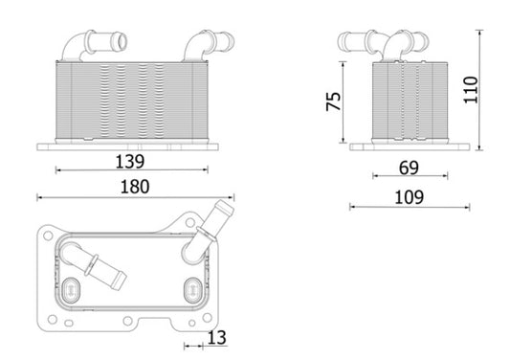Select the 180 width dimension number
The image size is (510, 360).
point(134,187)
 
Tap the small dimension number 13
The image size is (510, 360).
point(216,336)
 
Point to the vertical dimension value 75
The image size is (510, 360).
point(333,101)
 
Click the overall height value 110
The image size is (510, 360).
point(495,90)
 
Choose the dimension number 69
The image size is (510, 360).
point(409,168)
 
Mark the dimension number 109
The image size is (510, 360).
point(409,197)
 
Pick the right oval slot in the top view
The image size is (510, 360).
point(193,286)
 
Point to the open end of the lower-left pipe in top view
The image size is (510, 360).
point(121,280)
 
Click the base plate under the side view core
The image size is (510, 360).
point(409,146)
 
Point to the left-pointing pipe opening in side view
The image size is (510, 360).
point(343,42)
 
